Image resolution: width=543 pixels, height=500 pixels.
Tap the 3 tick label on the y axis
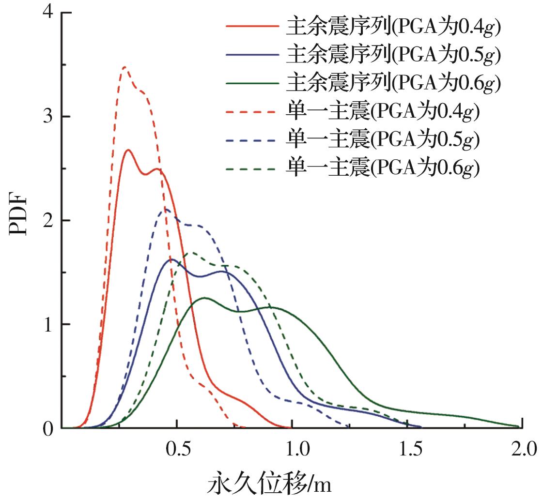pyautogui.click(x=47, y=117)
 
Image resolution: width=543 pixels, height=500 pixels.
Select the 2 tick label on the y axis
pyautogui.click(x=47, y=221)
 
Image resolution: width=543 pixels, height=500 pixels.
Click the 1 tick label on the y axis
pyautogui.click(x=47, y=324)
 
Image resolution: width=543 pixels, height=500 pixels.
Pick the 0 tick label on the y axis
pyautogui.click(x=47, y=428)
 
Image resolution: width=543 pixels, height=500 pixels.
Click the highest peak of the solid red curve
pyautogui.click(x=128, y=150)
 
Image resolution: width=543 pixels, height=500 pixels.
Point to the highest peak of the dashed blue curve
pyautogui.click(x=166, y=209)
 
